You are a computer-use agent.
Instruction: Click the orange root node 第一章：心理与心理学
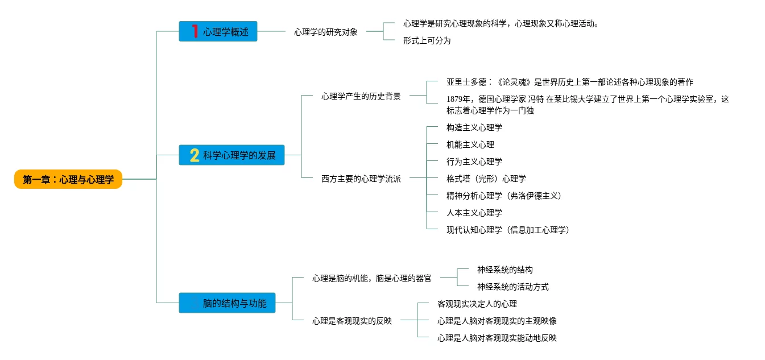tap(68, 179)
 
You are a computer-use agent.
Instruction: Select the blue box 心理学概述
tap(218, 31)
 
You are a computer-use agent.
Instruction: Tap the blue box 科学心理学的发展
tap(231, 155)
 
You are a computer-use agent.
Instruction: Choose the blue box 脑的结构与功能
tap(227, 303)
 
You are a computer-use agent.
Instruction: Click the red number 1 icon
tap(195, 31)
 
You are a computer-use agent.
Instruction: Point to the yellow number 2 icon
tap(195, 155)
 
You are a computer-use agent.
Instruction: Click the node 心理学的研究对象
tap(326, 32)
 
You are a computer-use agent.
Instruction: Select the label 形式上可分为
tap(427, 40)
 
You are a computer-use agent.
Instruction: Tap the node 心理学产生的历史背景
tap(361, 96)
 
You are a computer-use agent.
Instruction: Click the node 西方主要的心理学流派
tap(361, 179)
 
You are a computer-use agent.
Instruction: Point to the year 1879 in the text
tap(454, 99)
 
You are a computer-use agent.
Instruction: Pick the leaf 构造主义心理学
tap(474, 127)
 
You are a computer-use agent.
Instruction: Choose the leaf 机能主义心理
tap(470, 144)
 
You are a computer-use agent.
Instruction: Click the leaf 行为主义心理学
tap(474, 162)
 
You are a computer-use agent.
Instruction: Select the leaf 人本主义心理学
tap(474, 213)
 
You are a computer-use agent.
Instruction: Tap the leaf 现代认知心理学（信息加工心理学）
tap(508, 230)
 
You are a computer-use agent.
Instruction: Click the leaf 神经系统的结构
tap(505, 270)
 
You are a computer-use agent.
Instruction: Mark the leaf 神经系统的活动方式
tap(513, 287)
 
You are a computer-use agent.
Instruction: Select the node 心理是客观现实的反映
tap(352, 321)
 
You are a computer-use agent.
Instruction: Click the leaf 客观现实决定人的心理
tap(477, 304)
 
